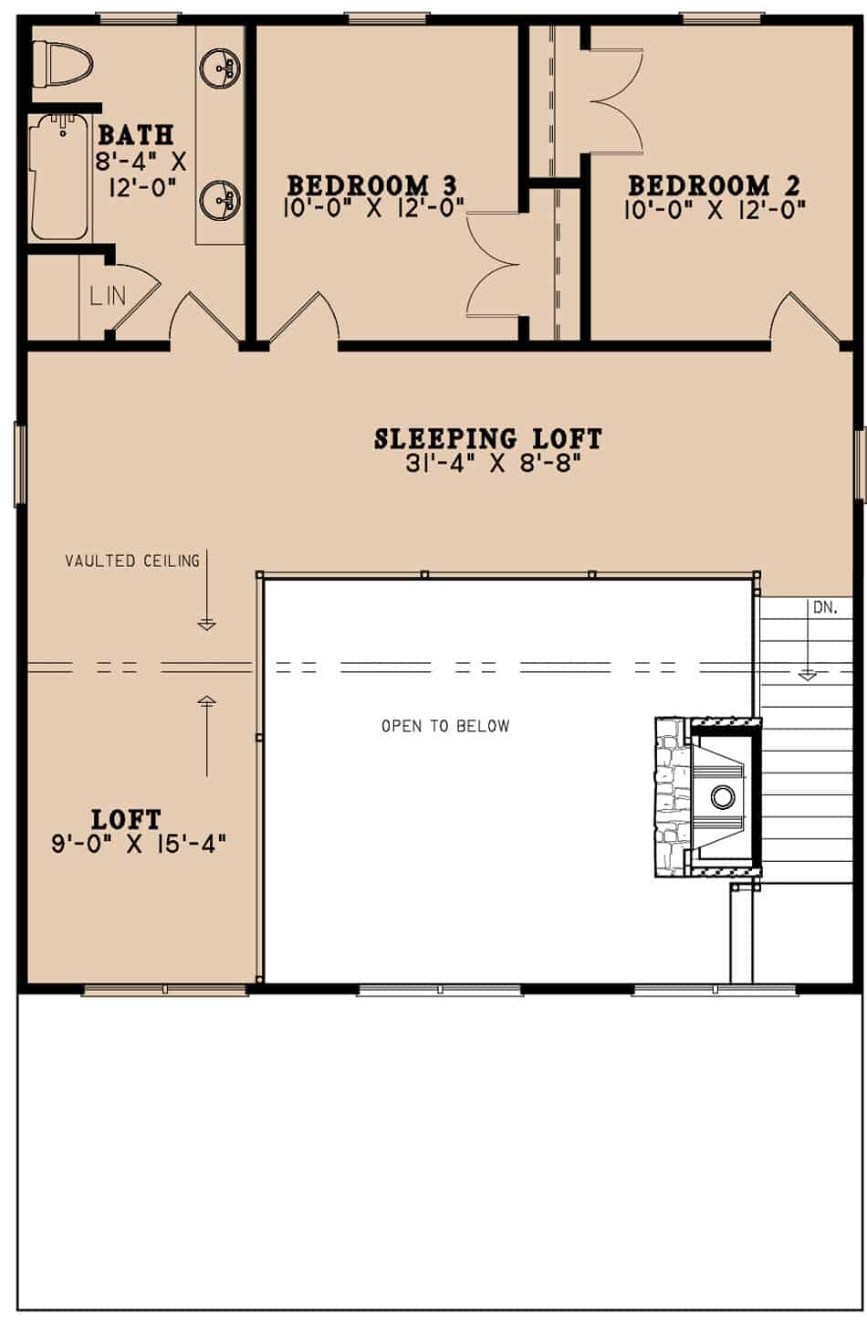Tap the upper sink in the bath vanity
click(x=219, y=66)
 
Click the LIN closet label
click(x=107, y=295)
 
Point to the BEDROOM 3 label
click(x=372, y=186)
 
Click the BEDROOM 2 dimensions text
click(x=715, y=210)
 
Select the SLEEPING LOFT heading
click(x=488, y=439)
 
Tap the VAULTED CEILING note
click(x=132, y=561)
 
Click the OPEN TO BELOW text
click(x=445, y=727)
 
